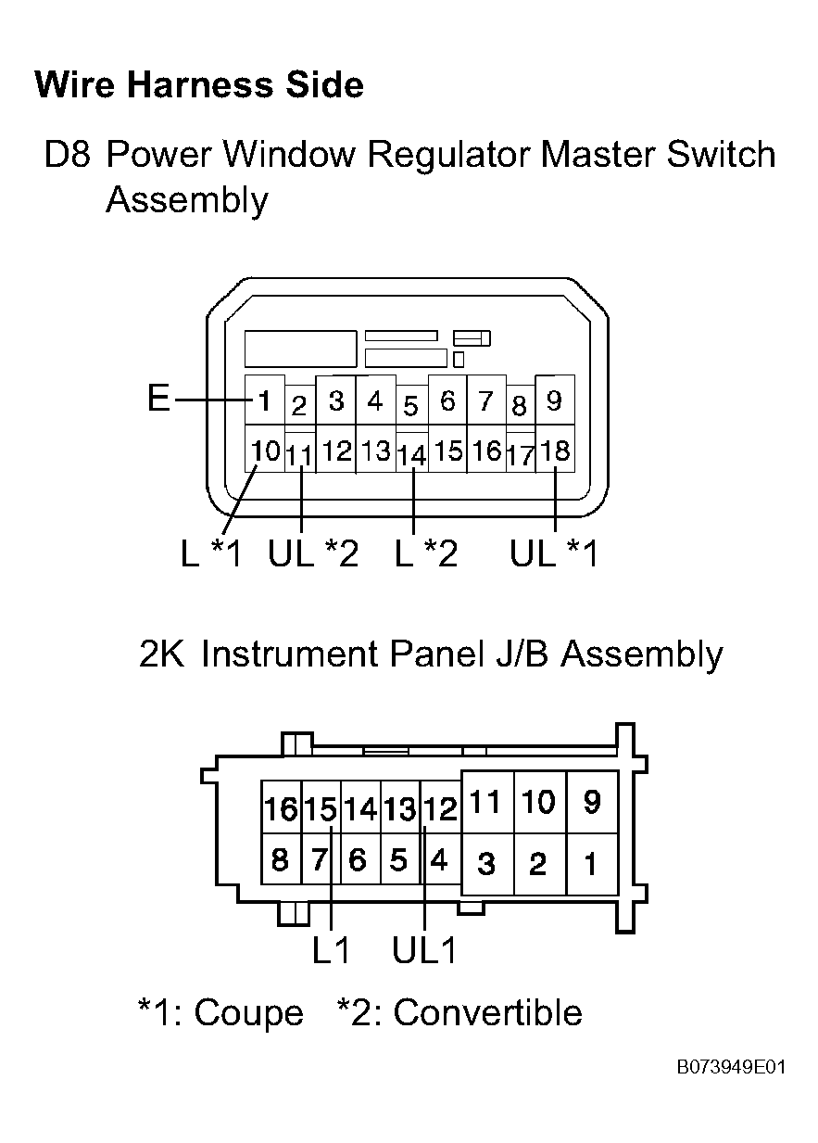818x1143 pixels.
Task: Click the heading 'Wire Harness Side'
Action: tap(199, 84)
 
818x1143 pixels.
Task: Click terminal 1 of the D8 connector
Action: tap(265, 400)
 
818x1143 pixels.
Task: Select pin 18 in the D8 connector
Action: tap(555, 449)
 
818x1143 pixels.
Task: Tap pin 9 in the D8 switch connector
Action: tap(555, 400)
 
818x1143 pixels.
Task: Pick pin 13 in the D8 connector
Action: tap(376, 450)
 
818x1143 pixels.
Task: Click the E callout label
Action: tap(158, 399)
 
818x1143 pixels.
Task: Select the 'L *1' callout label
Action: tap(211, 553)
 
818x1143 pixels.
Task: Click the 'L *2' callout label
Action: tap(426, 553)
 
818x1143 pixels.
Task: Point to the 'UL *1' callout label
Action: tap(554, 553)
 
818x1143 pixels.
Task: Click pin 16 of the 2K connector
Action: tap(281, 809)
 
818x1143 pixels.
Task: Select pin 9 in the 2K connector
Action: tap(592, 802)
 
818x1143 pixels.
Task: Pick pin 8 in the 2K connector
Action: tap(281, 859)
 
